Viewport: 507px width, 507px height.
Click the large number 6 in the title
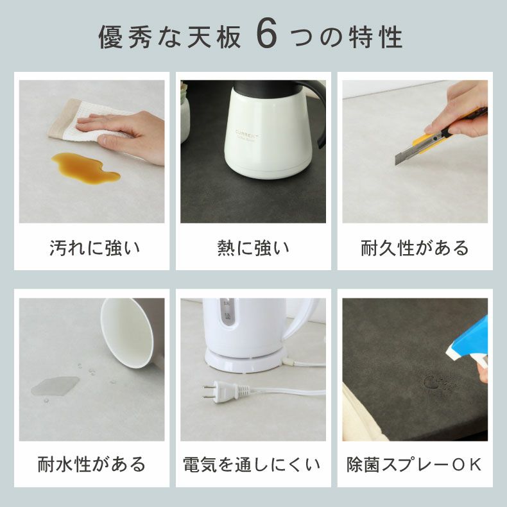(x=266, y=37)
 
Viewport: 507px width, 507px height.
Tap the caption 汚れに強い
(x=94, y=248)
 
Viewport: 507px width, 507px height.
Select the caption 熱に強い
(x=253, y=248)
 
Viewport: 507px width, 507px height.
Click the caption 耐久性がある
(x=415, y=248)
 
